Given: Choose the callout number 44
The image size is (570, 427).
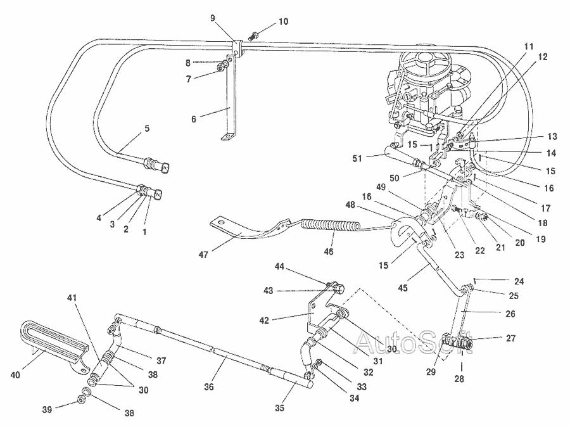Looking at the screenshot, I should click(279, 268).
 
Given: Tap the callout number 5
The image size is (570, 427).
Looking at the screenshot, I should click(147, 129).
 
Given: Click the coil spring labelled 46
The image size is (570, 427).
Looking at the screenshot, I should click(329, 225).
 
